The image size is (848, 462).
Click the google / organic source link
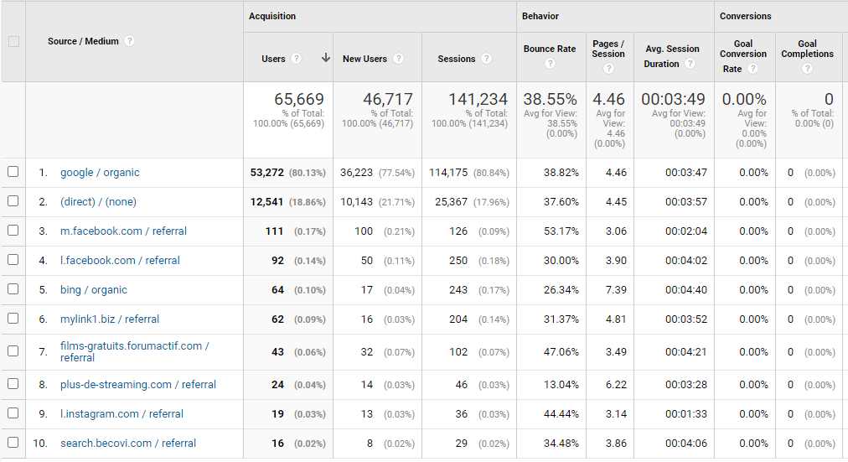click(x=100, y=173)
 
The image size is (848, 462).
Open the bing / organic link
click(x=94, y=290)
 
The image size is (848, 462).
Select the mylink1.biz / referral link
click(x=110, y=319)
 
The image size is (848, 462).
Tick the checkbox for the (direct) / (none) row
click(x=13, y=201)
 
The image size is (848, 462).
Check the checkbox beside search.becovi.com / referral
click(x=13, y=443)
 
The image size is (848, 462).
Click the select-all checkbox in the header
click(x=13, y=42)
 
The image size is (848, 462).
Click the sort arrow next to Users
click(x=326, y=58)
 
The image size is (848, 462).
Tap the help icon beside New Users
click(x=399, y=59)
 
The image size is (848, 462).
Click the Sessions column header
click(x=457, y=59)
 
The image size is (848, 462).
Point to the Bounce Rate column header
click(x=550, y=49)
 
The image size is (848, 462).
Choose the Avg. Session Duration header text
click(x=672, y=56)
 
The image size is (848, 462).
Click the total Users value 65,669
click(x=299, y=99)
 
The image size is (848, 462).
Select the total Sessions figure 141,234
click(x=478, y=99)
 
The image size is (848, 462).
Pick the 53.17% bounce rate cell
click(x=561, y=231)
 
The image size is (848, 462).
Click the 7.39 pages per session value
click(x=616, y=290)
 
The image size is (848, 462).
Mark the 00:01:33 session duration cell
click(x=686, y=414)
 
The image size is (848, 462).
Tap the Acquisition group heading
click(x=272, y=16)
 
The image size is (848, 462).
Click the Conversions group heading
click(x=745, y=16)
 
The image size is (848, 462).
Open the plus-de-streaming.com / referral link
click(x=138, y=385)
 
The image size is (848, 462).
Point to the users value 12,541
click(x=266, y=202)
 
